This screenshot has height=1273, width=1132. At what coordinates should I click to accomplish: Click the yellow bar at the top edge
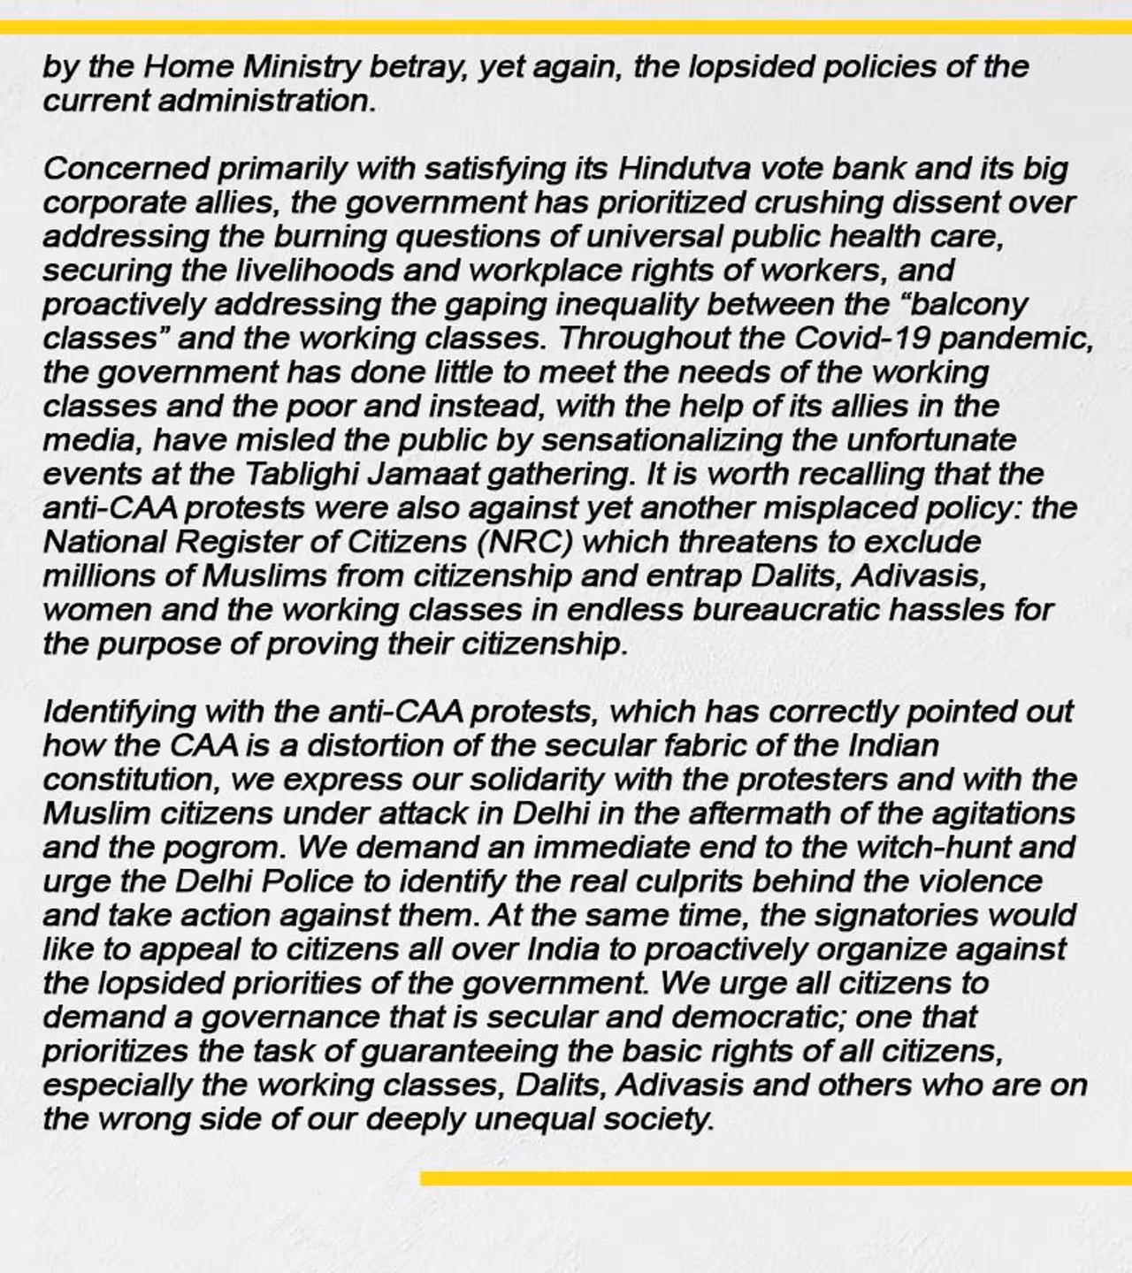(566, 27)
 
